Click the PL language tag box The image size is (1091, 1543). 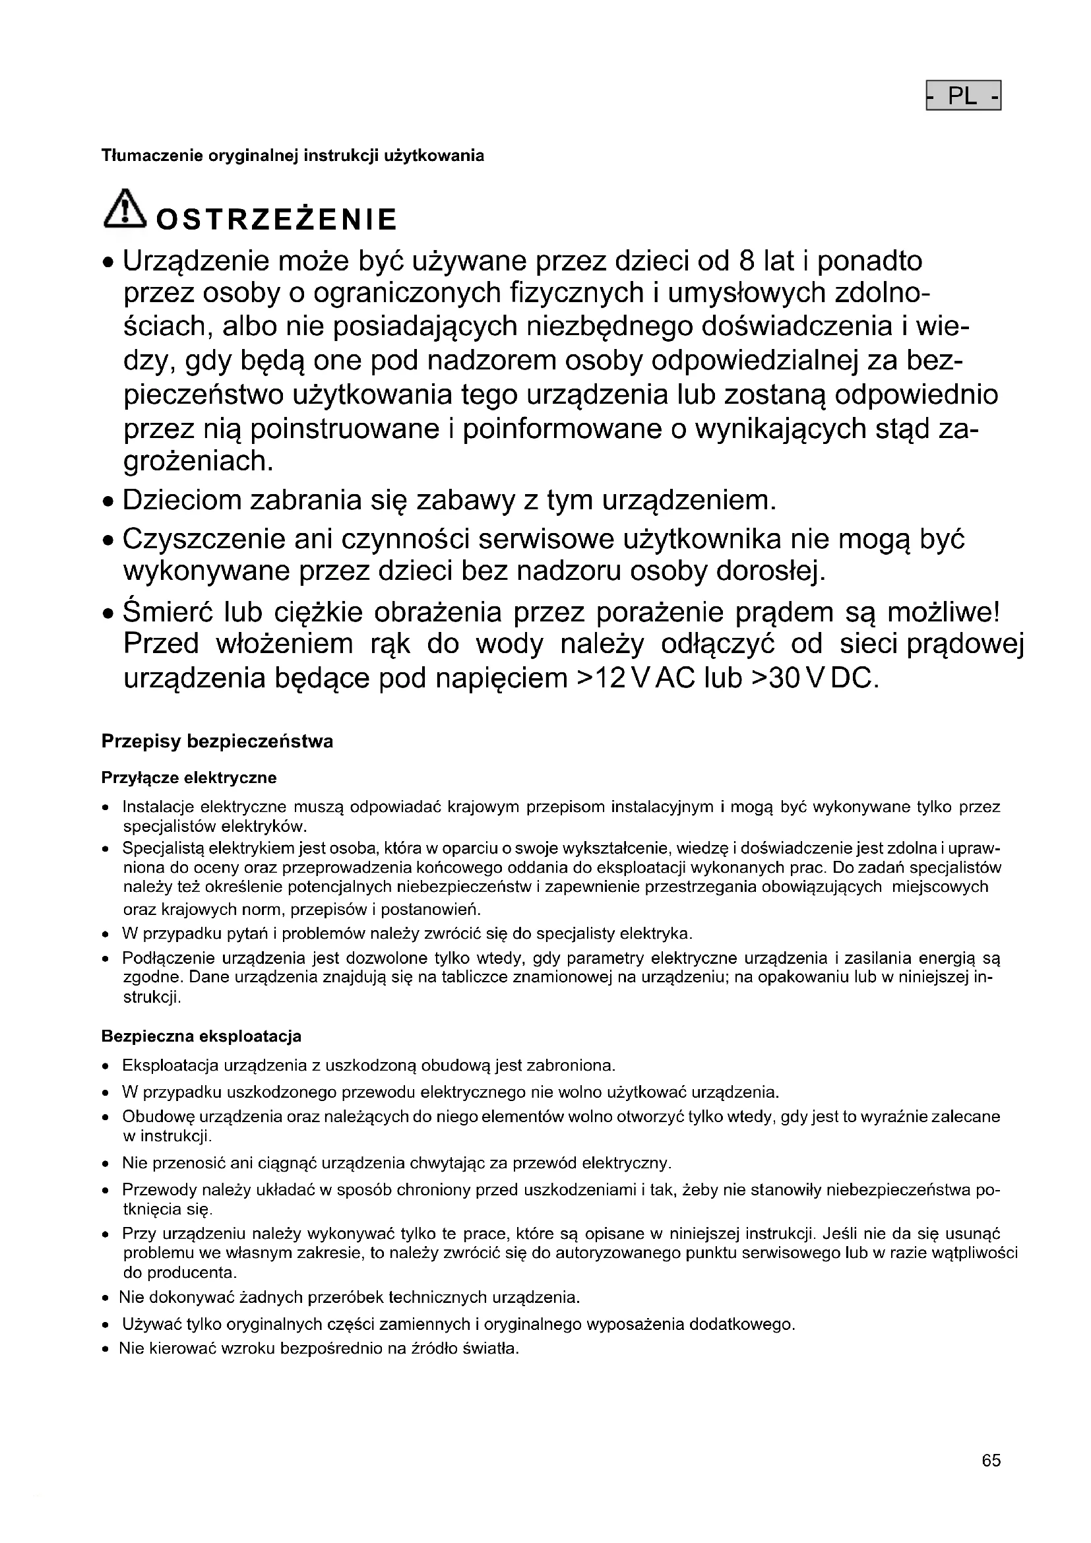tap(963, 96)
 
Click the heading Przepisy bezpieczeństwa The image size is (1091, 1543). tap(217, 742)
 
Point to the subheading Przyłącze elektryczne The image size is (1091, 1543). tap(189, 778)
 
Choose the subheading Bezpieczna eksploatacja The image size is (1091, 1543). tap(201, 1036)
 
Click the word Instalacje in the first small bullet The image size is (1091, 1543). tap(158, 806)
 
